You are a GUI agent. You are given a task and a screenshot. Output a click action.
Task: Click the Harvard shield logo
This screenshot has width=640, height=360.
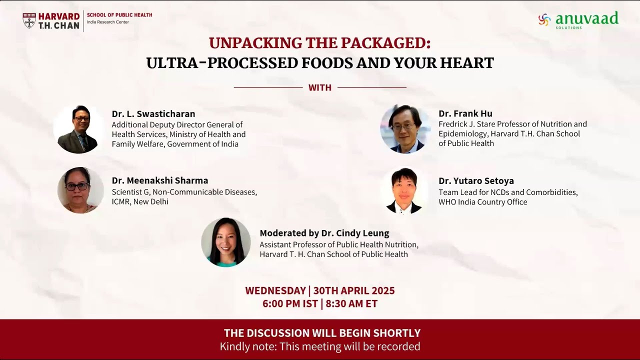coord(29,20)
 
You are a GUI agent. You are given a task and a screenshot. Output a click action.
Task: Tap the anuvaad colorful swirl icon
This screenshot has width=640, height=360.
coord(544,19)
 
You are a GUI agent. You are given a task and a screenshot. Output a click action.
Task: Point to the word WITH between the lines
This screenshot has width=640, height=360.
coord(320,88)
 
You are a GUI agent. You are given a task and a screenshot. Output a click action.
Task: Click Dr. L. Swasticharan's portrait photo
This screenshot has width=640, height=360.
coord(78,129)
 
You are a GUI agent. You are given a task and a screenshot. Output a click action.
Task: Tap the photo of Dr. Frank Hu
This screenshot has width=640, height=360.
coord(404,129)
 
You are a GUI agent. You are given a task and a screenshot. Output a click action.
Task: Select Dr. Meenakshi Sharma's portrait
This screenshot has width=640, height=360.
coord(80,190)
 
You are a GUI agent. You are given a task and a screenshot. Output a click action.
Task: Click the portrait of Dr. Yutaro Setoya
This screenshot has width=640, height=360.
coord(404,190)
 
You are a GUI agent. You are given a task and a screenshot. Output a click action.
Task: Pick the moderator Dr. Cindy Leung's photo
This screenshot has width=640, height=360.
coord(226,242)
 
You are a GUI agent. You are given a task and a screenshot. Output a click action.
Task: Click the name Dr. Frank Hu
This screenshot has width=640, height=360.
coord(465,113)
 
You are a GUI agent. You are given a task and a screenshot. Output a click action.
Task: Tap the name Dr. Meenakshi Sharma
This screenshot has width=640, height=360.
coord(160,180)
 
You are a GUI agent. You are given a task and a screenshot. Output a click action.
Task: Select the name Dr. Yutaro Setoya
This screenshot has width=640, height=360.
coord(476,180)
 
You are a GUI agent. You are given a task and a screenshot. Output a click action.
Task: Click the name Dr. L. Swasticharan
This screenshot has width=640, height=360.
coord(153,114)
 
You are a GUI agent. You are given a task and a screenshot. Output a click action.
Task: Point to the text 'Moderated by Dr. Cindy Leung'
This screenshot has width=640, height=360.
coord(324,233)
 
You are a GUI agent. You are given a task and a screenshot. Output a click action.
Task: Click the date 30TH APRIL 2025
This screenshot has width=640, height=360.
coord(354,290)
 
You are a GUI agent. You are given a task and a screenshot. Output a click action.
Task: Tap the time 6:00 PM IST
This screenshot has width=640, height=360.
coord(290,303)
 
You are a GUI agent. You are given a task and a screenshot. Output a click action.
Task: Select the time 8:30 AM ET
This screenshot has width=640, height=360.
coord(351,303)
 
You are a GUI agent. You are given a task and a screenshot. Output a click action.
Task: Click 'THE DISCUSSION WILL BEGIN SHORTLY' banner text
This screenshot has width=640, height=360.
coord(322,333)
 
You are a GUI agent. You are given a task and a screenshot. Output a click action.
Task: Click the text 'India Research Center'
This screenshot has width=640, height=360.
coord(107,22)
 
